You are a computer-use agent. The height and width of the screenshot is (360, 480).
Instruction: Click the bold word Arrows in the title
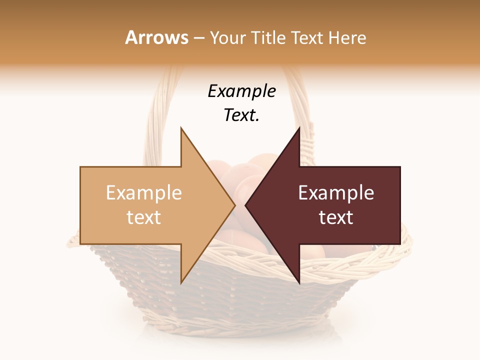point(156,37)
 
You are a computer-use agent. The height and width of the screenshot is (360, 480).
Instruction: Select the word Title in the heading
point(267,37)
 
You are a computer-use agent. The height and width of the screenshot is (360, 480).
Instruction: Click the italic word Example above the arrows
point(241,91)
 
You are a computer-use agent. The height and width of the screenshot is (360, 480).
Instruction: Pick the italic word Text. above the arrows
point(241,115)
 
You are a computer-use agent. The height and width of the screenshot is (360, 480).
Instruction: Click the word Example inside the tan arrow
point(143,193)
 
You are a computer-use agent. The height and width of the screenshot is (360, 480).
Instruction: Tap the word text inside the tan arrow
point(143,217)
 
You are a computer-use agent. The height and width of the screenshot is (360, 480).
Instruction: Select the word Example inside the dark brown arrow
point(336,193)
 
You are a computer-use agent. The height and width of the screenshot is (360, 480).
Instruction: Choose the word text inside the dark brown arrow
point(336,217)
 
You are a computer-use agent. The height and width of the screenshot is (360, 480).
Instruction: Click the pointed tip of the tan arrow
point(235,205)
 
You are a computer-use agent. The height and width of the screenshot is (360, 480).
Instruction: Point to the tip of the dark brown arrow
point(245,205)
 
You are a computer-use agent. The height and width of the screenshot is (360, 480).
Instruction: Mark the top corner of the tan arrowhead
point(181,128)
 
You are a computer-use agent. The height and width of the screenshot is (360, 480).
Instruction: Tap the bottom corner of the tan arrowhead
point(181,283)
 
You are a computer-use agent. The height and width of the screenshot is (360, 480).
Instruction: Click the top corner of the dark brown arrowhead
point(299,128)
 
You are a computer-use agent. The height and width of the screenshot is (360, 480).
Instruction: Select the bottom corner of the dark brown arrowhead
point(299,283)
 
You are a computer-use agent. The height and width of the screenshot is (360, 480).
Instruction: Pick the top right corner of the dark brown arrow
point(400,167)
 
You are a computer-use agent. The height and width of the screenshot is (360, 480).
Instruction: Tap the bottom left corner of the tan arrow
point(80,244)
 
